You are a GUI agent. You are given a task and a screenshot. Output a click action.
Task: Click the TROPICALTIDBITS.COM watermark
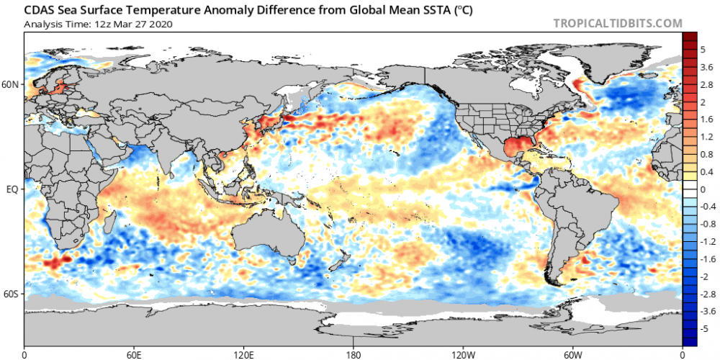(x=617, y=23)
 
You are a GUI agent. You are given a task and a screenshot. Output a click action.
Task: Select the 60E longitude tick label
(x=134, y=354)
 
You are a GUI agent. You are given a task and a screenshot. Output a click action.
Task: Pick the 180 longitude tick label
(x=354, y=354)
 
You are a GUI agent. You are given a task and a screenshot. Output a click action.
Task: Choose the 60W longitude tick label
(x=572, y=354)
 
